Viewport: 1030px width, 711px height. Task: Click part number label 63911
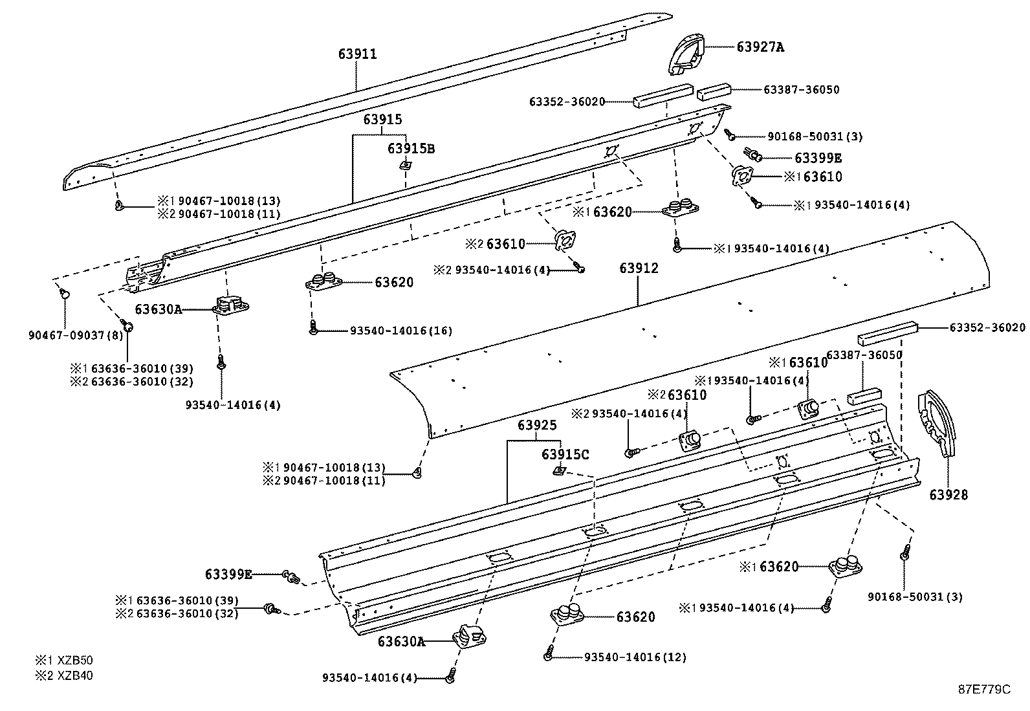coord(357,54)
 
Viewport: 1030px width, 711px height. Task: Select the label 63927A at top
coord(760,47)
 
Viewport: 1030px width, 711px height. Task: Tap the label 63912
coord(639,268)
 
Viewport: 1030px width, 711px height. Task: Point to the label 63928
coord(948,495)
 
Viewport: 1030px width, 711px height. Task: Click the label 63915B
coord(411,149)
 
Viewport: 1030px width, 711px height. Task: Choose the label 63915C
coord(565,455)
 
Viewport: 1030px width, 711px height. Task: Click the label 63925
coord(536,426)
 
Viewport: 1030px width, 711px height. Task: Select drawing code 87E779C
coord(983,689)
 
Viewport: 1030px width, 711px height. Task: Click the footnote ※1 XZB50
coord(64,661)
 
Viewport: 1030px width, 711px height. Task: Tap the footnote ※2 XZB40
coord(64,676)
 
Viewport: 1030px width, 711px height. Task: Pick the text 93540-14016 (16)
coord(400,331)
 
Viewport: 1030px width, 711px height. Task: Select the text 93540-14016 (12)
coord(635,657)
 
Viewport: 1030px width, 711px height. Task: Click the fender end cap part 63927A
coord(686,52)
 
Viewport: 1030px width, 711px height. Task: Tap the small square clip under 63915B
coord(406,166)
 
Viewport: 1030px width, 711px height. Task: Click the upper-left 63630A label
coord(158,309)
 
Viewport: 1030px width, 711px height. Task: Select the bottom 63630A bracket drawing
coord(468,637)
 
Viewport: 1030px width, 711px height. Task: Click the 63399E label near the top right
coord(818,159)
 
